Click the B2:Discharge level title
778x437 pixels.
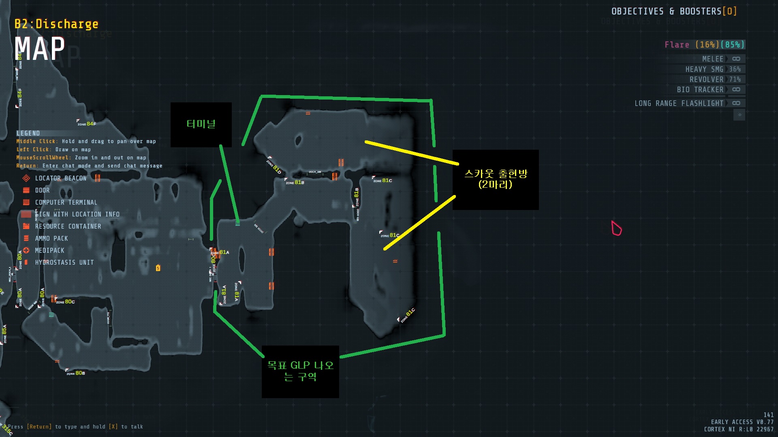coord(56,24)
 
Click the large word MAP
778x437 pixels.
coord(40,49)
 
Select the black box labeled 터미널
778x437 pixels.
coord(201,124)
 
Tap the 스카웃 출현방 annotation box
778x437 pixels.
coord(496,179)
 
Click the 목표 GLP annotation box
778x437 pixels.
coord(300,371)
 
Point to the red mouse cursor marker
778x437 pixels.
coord(616,228)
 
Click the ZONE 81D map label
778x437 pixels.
coord(274,166)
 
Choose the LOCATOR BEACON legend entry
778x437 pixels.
coord(60,178)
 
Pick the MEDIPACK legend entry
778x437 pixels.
coord(49,250)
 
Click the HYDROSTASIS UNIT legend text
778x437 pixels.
coord(64,263)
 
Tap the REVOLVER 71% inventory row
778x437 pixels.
coord(715,80)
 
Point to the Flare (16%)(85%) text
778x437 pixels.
coord(704,45)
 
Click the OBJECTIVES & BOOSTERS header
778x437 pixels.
coord(673,11)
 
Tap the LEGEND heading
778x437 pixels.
coord(28,134)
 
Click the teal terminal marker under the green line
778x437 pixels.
coord(237,222)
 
